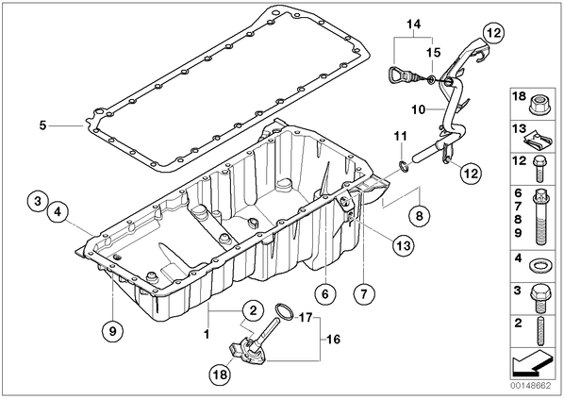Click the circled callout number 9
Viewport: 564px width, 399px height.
click(112, 330)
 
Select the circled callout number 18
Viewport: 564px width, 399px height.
click(221, 374)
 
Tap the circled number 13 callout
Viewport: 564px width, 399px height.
click(403, 245)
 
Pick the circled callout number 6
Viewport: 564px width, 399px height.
click(325, 294)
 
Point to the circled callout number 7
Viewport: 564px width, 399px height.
click(364, 294)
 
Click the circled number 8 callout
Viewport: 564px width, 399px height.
click(419, 216)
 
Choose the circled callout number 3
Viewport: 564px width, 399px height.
click(38, 201)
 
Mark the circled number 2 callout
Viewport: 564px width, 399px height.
click(253, 310)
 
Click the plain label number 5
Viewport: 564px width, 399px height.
click(42, 125)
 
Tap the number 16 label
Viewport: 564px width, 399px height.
click(334, 339)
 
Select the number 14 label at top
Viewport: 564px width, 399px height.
click(414, 25)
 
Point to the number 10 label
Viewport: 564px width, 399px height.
click(419, 109)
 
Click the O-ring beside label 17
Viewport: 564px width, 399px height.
click(284, 311)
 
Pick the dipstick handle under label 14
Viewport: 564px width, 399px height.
click(397, 75)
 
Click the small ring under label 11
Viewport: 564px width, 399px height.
click(404, 167)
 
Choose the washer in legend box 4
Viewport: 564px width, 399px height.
click(539, 266)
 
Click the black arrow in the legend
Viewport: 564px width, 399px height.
click(532, 362)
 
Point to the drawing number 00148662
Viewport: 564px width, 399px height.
click(530, 386)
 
